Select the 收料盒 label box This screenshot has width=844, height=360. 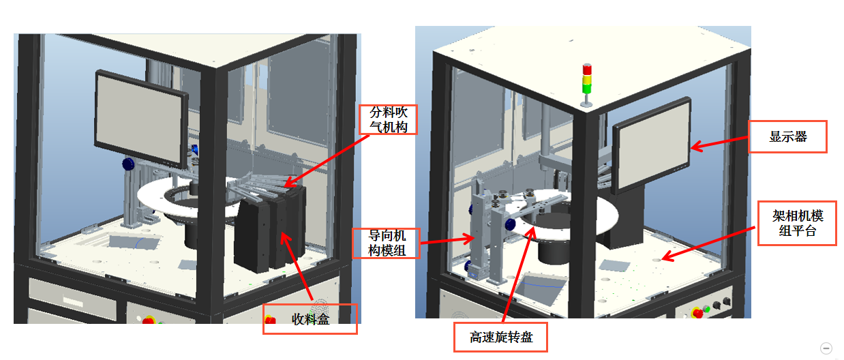click(310, 319)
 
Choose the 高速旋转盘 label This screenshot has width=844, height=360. click(501, 337)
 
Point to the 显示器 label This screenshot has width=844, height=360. click(787, 137)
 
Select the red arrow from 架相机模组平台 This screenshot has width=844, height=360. click(709, 241)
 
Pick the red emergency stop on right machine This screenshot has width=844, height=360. click(698, 312)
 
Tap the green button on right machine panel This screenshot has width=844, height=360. click(707, 309)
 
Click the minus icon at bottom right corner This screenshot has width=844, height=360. click(826, 348)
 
